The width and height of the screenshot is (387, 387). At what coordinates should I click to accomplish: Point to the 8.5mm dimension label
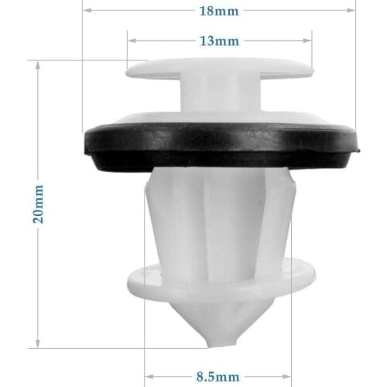[217, 377]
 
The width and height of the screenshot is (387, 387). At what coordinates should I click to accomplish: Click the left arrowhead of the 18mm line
[85, 12]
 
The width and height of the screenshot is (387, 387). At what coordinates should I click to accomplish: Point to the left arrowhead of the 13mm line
[130, 40]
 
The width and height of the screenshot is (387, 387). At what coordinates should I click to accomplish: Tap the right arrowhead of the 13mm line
[309, 40]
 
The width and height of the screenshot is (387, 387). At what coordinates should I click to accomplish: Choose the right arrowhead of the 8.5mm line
[290, 377]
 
